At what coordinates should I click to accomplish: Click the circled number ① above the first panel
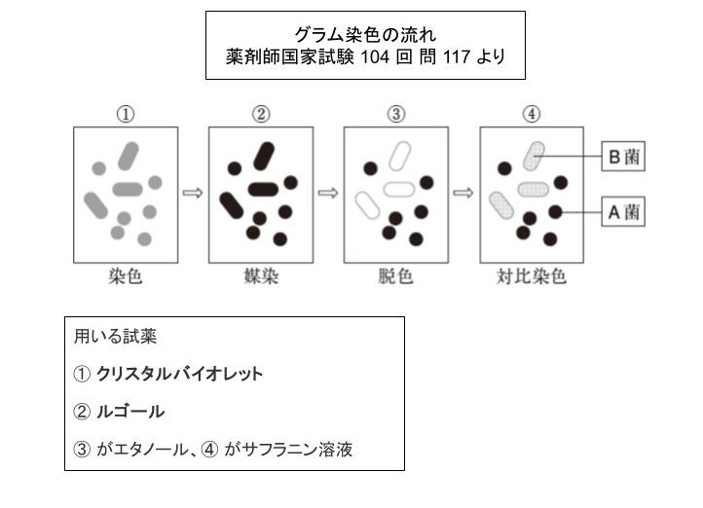click(x=126, y=114)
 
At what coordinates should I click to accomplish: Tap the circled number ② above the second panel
click(x=261, y=114)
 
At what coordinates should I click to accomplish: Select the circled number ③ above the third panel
click(x=396, y=114)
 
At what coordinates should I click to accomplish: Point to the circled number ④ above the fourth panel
click(x=532, y=114)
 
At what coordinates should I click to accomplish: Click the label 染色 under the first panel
click(x=126, y=276)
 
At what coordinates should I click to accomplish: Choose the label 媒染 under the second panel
click(x=261, y=276)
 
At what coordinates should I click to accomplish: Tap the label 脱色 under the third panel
click(x=395, y=276)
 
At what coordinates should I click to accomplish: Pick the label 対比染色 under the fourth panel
click(x=532, y=276)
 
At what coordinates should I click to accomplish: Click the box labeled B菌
click(x=623, y=157)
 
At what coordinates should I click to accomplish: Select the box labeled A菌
click(x=623, y=211)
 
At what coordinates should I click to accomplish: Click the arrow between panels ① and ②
click(x=193, y=193)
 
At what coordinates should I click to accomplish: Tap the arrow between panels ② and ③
click(x=328, y=193)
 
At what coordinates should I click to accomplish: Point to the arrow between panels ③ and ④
click(x=463, y=193)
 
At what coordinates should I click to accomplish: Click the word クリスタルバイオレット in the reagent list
click(x=180, y=374)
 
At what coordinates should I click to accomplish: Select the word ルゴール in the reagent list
click(x=130, y=412)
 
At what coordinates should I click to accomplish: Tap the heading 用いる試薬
click(x=116, y=337)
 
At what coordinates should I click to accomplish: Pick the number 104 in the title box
click(x=375, y=56)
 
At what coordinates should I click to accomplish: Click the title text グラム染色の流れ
click(x=365, y=34)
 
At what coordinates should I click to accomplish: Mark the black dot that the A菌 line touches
click(x=556, y=212)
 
